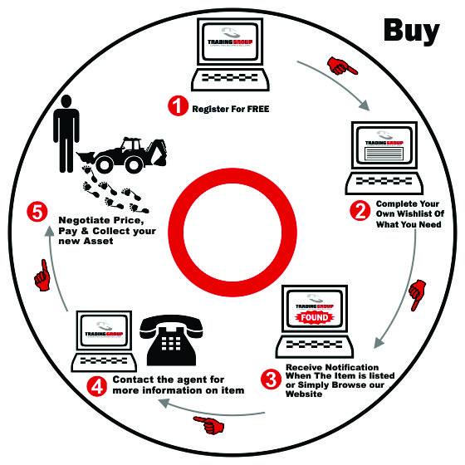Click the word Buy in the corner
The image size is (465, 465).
(412, 32)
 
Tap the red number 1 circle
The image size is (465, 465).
(178, 105)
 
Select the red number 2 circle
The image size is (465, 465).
(360, 211)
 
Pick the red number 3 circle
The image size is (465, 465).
(271, 379)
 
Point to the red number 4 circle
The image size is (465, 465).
(97, 386)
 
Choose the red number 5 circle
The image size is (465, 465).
(37, 213)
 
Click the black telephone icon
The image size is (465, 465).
(171, 340)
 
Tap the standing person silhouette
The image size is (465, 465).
(66, 134)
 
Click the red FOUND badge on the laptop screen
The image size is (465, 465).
(315, 317)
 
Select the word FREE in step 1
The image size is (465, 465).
(258, 109)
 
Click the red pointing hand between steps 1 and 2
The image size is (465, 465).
(342, 66)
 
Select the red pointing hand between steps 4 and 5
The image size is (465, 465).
(42, 275)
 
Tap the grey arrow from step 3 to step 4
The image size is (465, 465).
(212, 410)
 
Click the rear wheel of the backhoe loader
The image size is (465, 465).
(134, 165)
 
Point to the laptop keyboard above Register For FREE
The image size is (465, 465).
(230, 80)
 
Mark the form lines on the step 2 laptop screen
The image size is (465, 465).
(384, 154)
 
